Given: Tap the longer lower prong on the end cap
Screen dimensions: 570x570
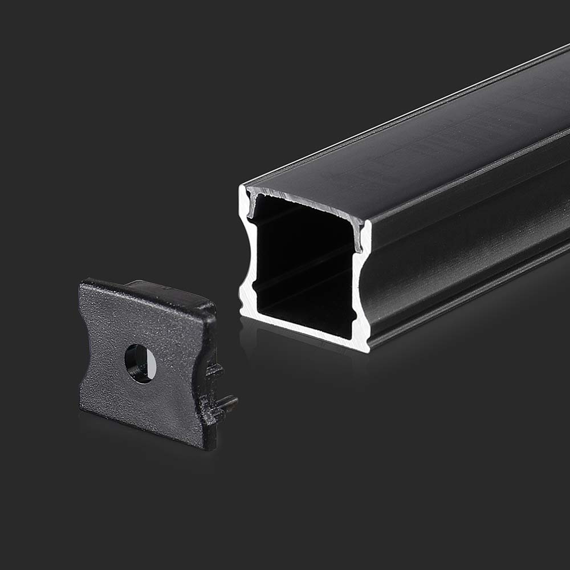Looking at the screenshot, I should tap(228, 404).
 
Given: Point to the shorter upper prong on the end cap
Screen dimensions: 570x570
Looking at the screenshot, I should tap(216, 371).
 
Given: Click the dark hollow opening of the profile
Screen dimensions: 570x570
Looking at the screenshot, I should tap(302, 268).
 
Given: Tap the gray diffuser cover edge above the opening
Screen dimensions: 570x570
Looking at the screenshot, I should tap(302, 199).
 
